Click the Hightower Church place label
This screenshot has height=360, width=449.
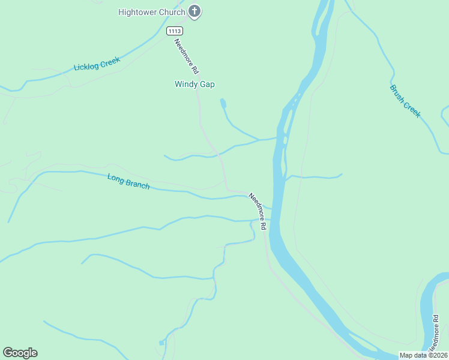point(151,12)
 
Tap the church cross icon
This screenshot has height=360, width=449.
point(194,11)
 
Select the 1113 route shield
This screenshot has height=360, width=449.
point(175,31)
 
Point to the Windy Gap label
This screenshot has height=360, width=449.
point(194,85)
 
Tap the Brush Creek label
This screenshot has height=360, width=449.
point(405,101)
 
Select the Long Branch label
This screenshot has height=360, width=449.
point(128,181)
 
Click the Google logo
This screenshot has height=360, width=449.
point(20,353)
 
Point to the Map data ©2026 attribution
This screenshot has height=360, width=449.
point(423,355)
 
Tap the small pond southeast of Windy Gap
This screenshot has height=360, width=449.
point(223,104)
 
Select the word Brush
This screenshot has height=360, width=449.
point(397,93)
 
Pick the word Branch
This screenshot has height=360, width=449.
point(137,184)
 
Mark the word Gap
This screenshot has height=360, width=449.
point(207,85)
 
